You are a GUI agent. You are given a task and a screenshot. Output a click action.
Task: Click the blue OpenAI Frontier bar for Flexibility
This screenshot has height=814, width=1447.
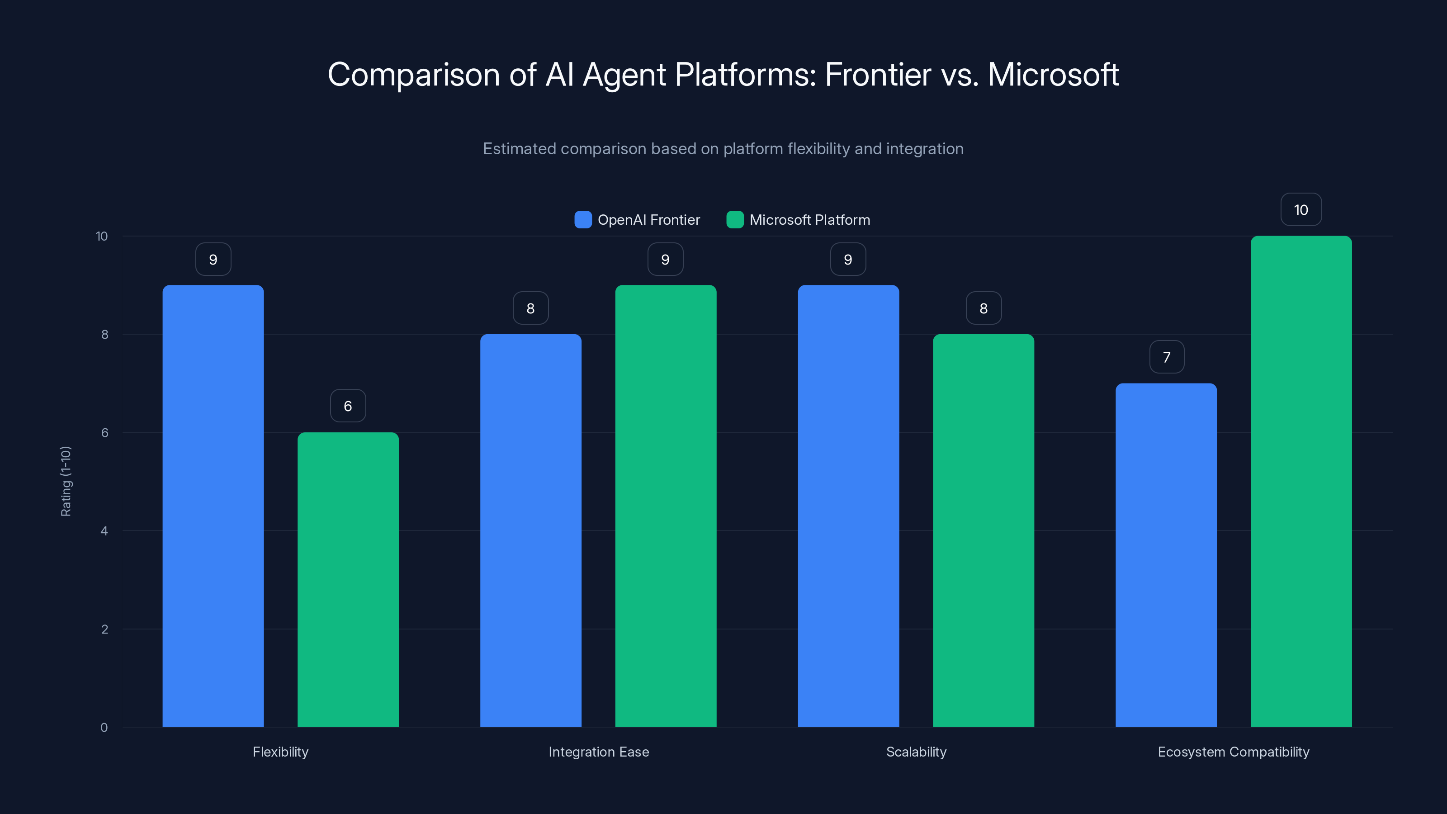pyautogui.click(x=213, y=506)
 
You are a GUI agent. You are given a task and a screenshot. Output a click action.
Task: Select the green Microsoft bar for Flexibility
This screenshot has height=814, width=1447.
pyautogui.click(x=348, y=579)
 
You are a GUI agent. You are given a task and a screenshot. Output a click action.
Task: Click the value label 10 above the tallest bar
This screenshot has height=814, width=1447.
pyautogui.click(x=1301, y=209)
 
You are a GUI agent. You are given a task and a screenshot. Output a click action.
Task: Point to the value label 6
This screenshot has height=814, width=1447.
pyautogui.click(x=348, y=406)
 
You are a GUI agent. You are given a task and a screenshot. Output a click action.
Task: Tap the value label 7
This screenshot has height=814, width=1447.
pyautogui.click(x=1167, y=357)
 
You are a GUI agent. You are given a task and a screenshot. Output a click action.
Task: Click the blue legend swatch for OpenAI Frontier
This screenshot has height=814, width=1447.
pyautogui.click(x=583, y=220)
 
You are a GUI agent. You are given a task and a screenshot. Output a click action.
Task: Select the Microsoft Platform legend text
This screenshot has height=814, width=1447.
pyautogui.click(x=809, y=220)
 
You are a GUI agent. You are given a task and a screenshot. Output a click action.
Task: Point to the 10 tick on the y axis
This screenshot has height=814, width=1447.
pyautogui.click(x=102, y=236)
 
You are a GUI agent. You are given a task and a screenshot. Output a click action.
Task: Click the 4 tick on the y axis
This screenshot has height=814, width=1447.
pyautogui.click(x=104, y=531)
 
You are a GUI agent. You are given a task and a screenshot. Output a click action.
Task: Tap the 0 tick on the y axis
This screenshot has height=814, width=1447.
pyautogui.click(x=104, y=728)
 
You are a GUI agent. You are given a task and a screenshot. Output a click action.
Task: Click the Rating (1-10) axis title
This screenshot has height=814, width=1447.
pyautogui.click(x=66, y=482)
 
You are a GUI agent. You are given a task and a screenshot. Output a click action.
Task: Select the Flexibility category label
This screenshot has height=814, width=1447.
pyautogui.click(x=280, y=752)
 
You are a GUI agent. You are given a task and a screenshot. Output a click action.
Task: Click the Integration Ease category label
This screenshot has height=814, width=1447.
pyautogui.click(x=598, y=752)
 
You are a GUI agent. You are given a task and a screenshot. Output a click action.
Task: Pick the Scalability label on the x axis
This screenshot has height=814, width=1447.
pyautogui.click(x=916, y=752)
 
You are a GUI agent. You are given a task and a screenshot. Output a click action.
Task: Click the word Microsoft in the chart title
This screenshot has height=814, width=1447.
pyautogui.click(x=1053, y=75)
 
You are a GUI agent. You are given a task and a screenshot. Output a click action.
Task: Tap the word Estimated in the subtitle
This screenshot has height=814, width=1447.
pyautogui.click(x=519, y=149)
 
